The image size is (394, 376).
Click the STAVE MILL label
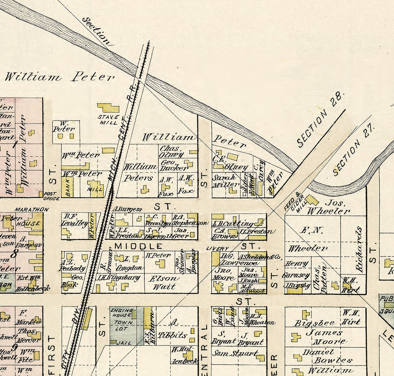pyautogui.click(x=109, y=119)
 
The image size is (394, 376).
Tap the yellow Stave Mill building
pyautogui.click(x=108, y=108)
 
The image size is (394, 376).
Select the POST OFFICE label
pyautogui.click(x=52, y=196)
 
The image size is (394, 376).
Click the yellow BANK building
pyautogui.click(x=68, y=187)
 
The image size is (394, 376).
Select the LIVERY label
pyautogui.click(x=217, y=248)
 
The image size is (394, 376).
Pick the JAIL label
pyautogui.click(x=124, y=343)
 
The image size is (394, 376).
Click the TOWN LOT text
pyautogui.click(x=123, y=326)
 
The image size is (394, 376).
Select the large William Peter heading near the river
pyautogui.click(x=59, y=77)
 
